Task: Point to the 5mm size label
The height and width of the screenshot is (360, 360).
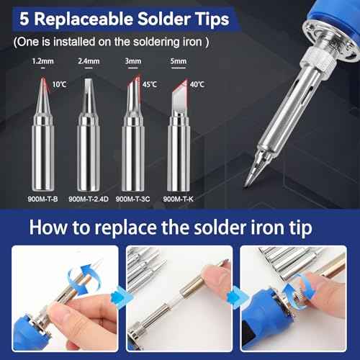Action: [x=179, y=62]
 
